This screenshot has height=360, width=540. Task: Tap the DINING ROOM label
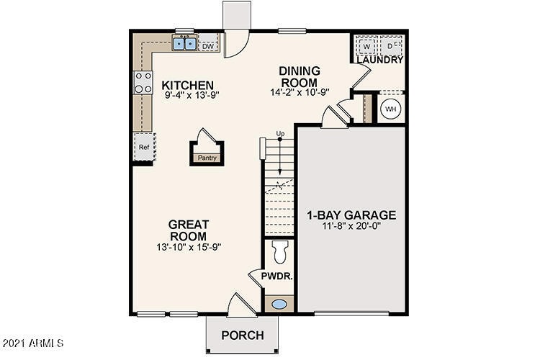tap(299, 76)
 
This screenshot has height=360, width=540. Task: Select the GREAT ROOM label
tap(188, 230)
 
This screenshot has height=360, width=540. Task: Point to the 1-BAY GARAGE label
tap(351, 215)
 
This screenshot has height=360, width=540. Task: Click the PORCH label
tap(242, 336)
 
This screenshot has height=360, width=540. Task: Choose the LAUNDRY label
tap(379, 60)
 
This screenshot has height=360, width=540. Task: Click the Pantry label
tap(207, 158)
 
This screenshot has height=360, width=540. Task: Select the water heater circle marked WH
tap(391, 109)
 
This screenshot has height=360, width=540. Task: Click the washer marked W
tap(366, 45)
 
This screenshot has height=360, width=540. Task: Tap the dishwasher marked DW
tap(208, 47)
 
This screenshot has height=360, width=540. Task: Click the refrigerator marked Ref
tap(143, 148)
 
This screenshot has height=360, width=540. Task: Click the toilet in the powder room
tap(279, 252)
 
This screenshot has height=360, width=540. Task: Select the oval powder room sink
tap(278, 304)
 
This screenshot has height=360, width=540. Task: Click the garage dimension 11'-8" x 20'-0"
tap(351, 228)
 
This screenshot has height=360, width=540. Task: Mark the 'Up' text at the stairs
tap(281, 134)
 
